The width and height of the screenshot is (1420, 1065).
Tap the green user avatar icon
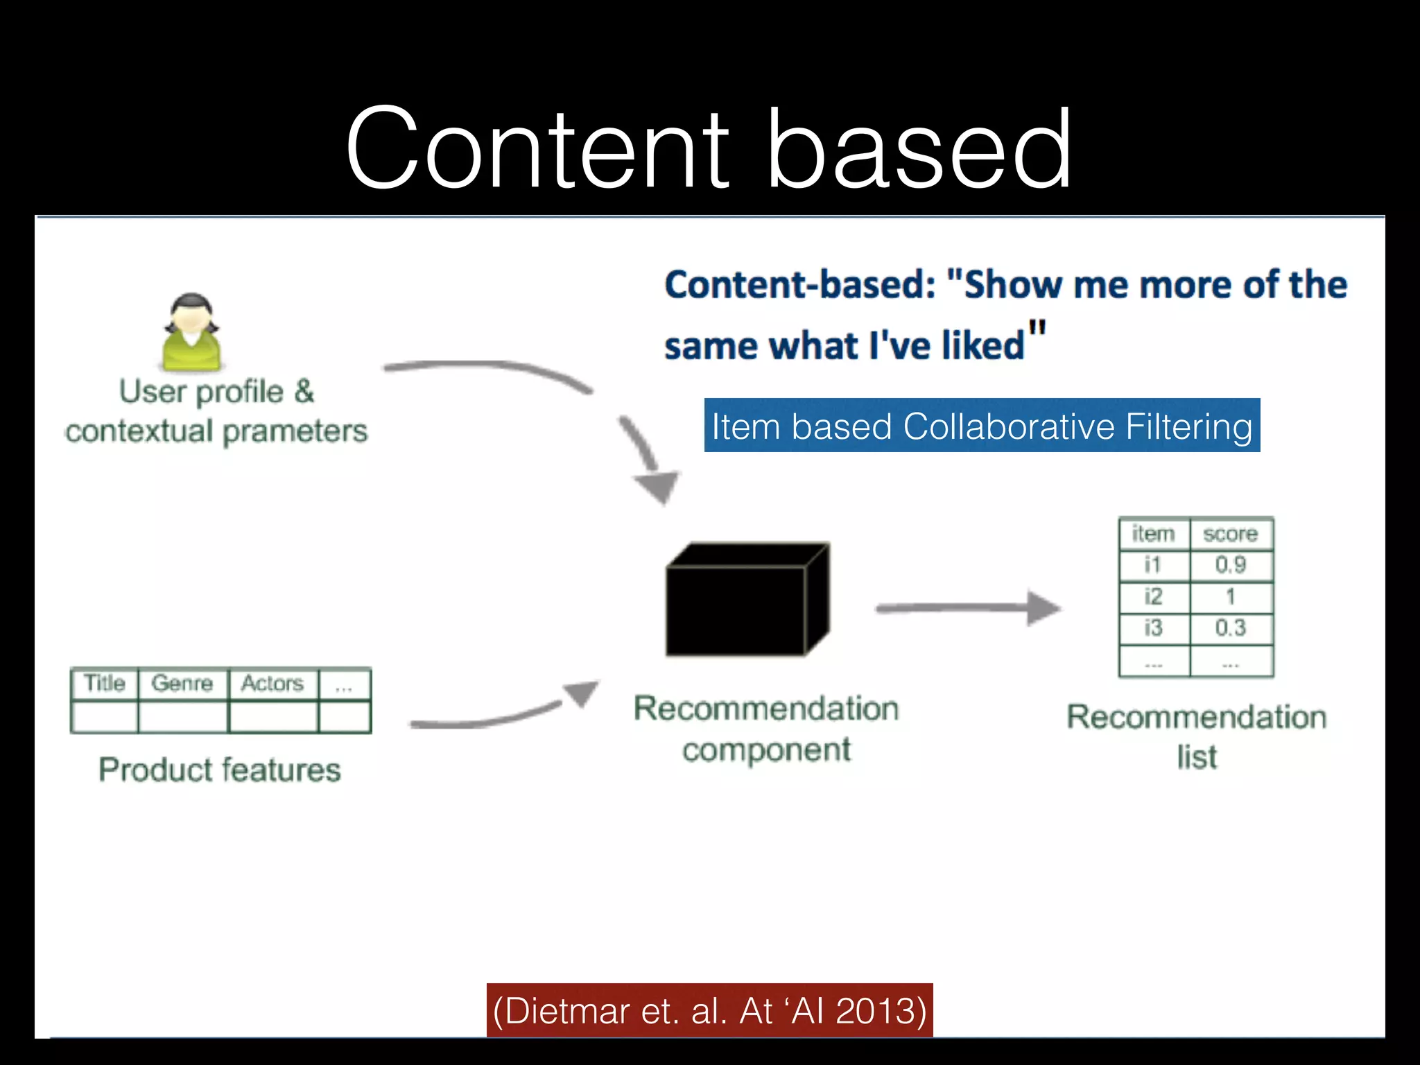click(x=191, y=333)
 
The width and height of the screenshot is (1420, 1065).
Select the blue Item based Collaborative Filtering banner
click(x=982, y=425)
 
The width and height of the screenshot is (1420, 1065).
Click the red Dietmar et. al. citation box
click(x=709, y=1010)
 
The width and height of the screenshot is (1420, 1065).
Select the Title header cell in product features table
click(x=105, y=684)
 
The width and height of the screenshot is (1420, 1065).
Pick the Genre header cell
click(x=182, y=684)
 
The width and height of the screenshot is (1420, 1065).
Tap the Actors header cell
click(x=272, y=684)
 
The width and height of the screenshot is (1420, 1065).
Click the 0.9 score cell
click(x=1231, y=565)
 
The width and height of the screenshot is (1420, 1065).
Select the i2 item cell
click(x=1153, y=596)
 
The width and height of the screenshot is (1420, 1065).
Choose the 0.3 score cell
click(x=1231, y=628)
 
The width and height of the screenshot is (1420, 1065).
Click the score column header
click(x=1231, y=534)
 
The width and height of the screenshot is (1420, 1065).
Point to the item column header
click(x=1153, y=534)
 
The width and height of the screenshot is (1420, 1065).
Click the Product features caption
click(x=220, y=770)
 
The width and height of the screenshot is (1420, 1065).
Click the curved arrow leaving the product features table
click(x=485, y=720)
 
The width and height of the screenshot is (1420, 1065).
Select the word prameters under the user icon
click(x=295, y=431)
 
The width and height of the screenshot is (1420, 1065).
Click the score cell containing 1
click(x=1231, y=596)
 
